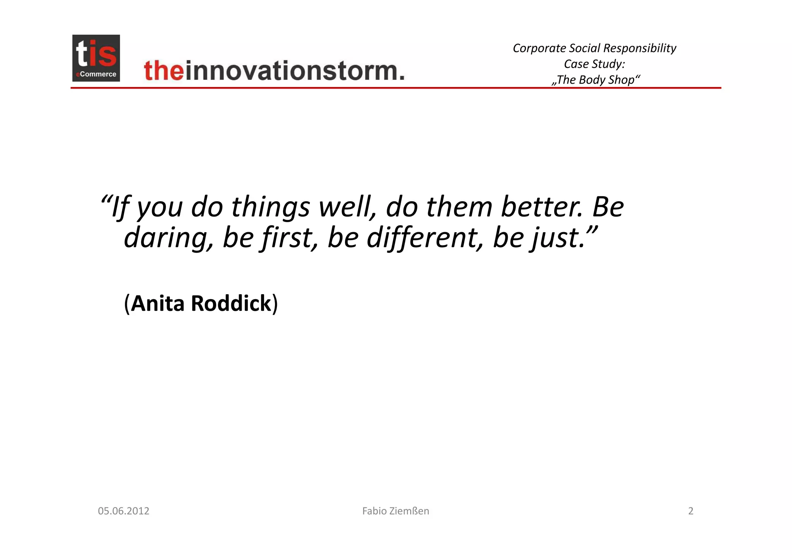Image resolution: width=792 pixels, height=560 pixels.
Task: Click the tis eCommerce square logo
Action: tap(96, 58)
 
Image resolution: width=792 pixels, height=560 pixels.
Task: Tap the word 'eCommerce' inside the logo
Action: tap(97, 74)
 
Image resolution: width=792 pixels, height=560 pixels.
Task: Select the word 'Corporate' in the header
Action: tap(539, 48)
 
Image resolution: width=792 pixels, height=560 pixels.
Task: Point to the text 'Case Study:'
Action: tap(594, 64)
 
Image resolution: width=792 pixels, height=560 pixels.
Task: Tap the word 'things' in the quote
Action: tap(270, 207)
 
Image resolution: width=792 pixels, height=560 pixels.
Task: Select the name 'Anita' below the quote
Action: tap(158, 303)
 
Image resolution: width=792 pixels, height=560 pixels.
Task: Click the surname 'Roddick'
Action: tap(231, 303)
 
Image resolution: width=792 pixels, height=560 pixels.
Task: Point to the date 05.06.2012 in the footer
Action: tap(123, 511)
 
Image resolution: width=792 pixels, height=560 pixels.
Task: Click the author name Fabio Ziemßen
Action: tap(396, 511)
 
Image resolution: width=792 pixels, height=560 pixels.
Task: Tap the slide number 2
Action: tap(691, 511)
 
